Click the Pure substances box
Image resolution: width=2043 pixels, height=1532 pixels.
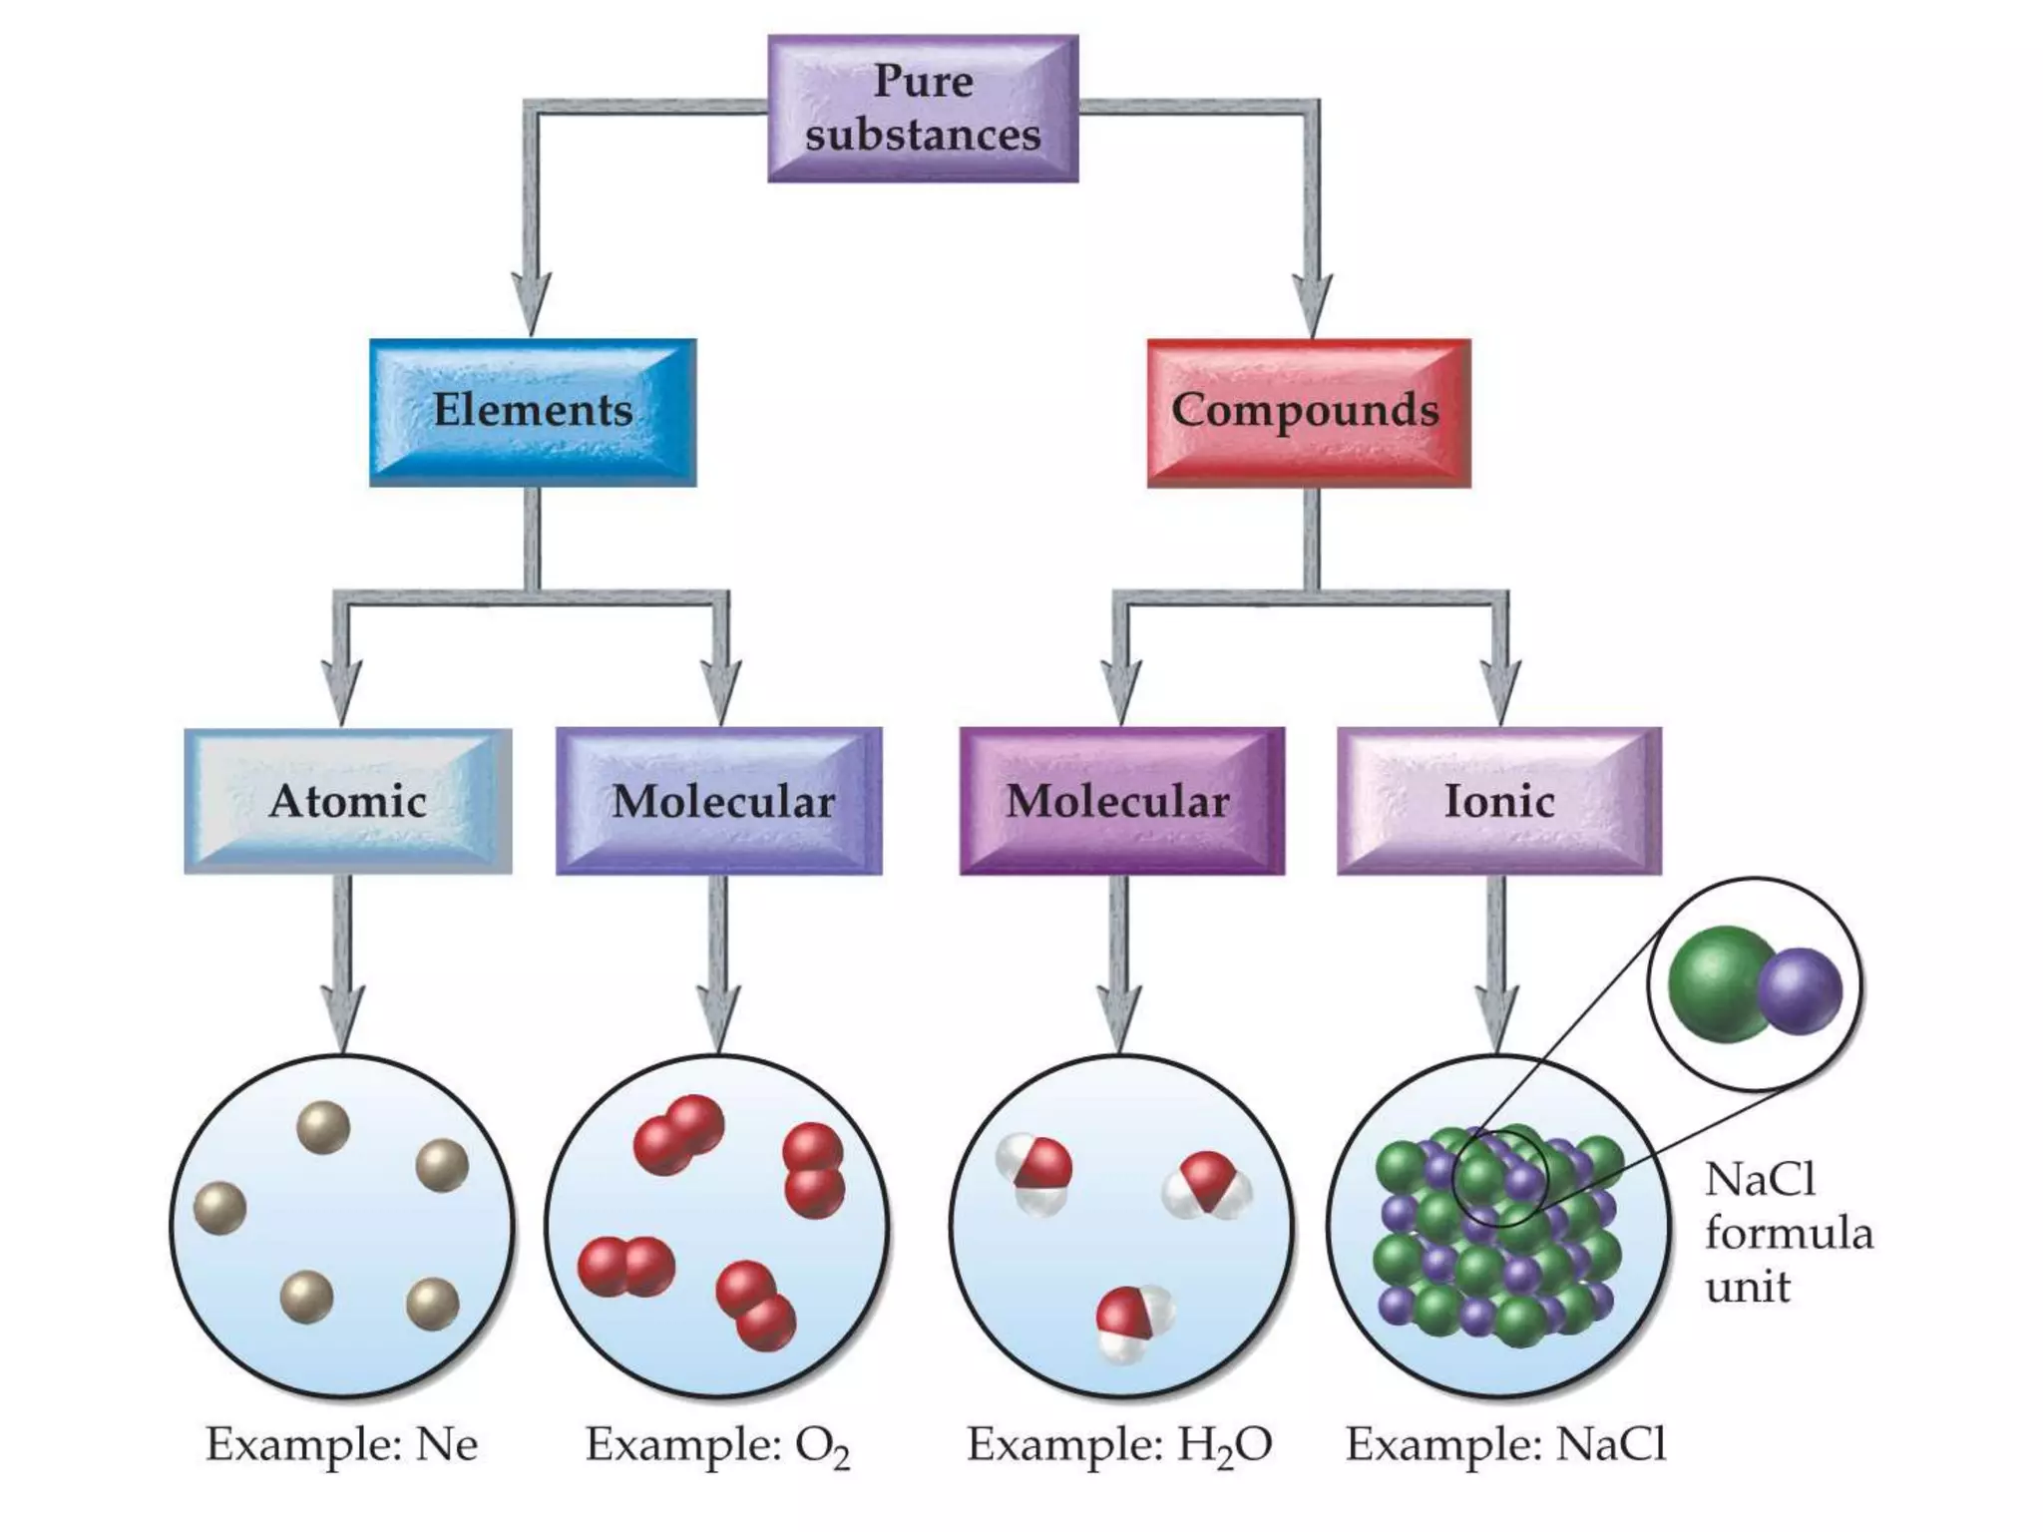pyautogui.click(x=923, y=109)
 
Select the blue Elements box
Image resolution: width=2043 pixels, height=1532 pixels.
pyautogui.click(x=533, y=412)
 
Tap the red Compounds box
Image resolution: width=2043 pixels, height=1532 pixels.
pyautogui.click(x=1308, y=412)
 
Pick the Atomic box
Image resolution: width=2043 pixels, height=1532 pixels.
pyautogui.click(x=348, y=801)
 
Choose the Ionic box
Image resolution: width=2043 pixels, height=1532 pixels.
pyautogui.click(x=1499, y=801)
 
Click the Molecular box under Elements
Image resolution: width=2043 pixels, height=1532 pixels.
pyautogui.click(x=719, y=801)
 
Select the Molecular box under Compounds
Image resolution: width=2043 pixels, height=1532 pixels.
pyautogui.click(x=1121, y=801)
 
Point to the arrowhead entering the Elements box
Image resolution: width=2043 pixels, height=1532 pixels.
pyautogui.click(x=532, y=304)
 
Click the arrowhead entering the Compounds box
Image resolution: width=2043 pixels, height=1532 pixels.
pyautogui.click(x=1313, y=304)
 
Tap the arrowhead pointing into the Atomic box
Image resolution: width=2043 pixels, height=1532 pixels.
pyautogui.click(x=342, y=693)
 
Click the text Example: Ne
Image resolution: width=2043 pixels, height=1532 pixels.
pyautogui.click(x=342, y=1444)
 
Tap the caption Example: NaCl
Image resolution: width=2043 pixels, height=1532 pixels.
pyautogui.click(x=1505, y=1444)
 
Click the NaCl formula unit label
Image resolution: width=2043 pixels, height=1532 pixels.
pyautogui.click(x=1786, y=1234)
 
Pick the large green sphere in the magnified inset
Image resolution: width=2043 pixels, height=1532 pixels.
pyautogui.click(x=1718, y=983)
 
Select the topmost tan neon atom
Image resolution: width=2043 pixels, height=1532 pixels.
pyautogui.click(x=323, y=1127)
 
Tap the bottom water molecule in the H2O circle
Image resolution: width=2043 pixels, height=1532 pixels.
pyautogui.click(x=1133, y=1321)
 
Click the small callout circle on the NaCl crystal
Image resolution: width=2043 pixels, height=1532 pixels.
pyautogui.click(x=1499, y=1178)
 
